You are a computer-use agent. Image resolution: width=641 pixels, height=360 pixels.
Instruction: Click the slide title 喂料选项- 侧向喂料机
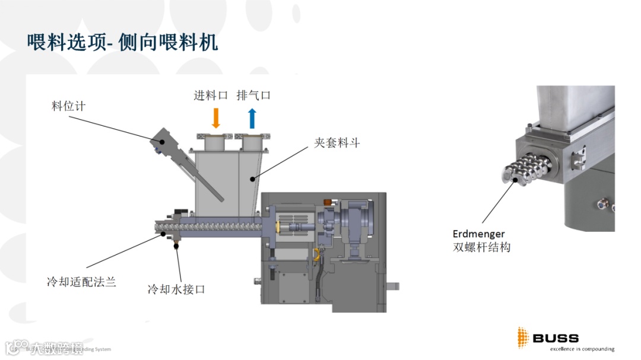122,43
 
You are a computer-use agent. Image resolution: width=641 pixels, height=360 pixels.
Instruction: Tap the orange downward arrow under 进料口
216,118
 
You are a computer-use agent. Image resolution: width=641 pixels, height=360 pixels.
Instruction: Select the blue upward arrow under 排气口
252,118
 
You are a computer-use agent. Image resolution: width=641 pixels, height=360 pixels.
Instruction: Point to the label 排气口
253,95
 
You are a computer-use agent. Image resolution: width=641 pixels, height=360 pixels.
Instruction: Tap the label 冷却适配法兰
81,281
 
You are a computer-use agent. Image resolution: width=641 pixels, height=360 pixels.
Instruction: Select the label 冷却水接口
176,289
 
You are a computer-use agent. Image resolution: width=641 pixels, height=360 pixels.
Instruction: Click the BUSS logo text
556,338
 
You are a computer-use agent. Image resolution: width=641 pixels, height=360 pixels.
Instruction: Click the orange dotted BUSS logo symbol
522,337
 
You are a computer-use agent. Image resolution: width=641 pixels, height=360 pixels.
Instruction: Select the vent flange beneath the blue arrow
252,142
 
